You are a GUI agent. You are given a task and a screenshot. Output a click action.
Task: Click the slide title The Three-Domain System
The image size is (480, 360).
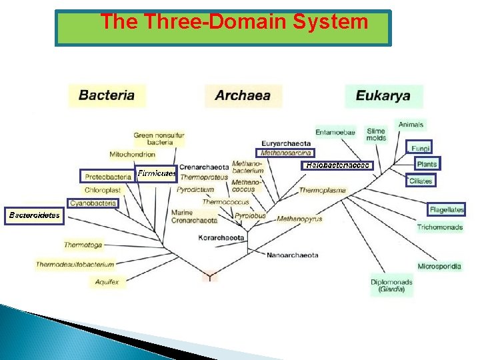pyautogui.click(x=233, y=22)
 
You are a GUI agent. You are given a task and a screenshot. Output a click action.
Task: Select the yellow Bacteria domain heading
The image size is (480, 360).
pyautogui.click(x=107, y=95)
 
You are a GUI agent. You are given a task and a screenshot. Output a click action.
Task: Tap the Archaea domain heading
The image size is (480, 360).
pyautogui.click(x=243, y=95)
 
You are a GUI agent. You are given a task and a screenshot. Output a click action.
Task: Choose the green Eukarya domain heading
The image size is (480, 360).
pyautogui.click(x=383, y=96)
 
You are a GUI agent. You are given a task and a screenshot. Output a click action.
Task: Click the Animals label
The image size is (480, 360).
pyautogui.click(x=411, y=124)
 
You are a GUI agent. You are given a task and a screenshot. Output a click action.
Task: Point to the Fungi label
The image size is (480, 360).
pyautogui.click(x=421, y=147)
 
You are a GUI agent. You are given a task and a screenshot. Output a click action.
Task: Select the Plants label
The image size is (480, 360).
pyautogui.click(x=426, y=164)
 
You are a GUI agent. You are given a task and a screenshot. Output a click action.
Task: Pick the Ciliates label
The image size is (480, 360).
pyautogui.click(x=421, y=181)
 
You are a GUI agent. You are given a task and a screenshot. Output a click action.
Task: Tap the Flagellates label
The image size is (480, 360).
pyautogui.click(x=446, y=209)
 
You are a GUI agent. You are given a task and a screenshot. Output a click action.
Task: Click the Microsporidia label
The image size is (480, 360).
pyautogui.click(x=439, y=266)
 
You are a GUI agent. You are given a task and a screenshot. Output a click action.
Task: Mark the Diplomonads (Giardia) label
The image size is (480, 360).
pyautogui.click(x=391, y=286)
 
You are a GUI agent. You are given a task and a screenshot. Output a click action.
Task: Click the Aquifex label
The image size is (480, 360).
pyautogui.click(x=107, y=282)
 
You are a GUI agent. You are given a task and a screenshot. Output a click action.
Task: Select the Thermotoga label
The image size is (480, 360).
pyautogui.click(x=83, y=245)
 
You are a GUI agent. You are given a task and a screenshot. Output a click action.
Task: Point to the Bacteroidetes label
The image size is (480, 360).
pyautogui.click(x=34, y=215)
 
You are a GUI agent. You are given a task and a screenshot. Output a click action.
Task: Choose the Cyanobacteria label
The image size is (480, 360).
pyautogui.click(x=93, y=203)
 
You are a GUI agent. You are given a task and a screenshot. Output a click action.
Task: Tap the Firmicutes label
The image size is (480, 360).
pyautogui.click(x=157, y=173)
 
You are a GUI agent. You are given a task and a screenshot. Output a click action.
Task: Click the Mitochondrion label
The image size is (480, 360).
pyautogui.click(x=133, y=155)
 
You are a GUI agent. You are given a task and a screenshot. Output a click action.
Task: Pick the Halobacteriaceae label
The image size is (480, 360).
pyautogui.click(x=337, y=165)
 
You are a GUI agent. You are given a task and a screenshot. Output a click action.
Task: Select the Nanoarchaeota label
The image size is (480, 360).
pyautogui.click(x=292, y=255)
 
